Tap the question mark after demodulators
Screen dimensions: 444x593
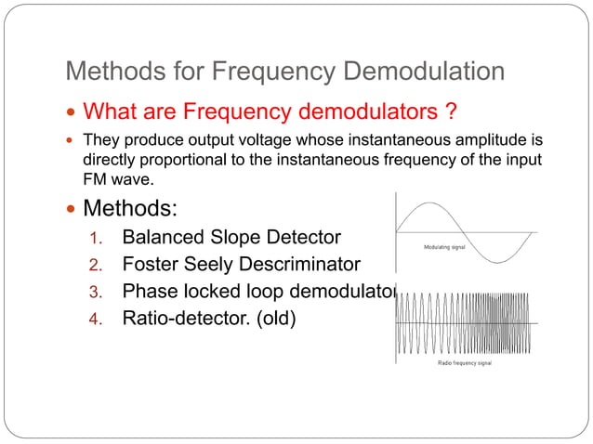click(x=450, y=111)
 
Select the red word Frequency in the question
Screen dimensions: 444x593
click(x=239, y=111)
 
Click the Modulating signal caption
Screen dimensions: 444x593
click(x=445, y=248)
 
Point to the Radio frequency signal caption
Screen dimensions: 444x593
click(x=465, y=363)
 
